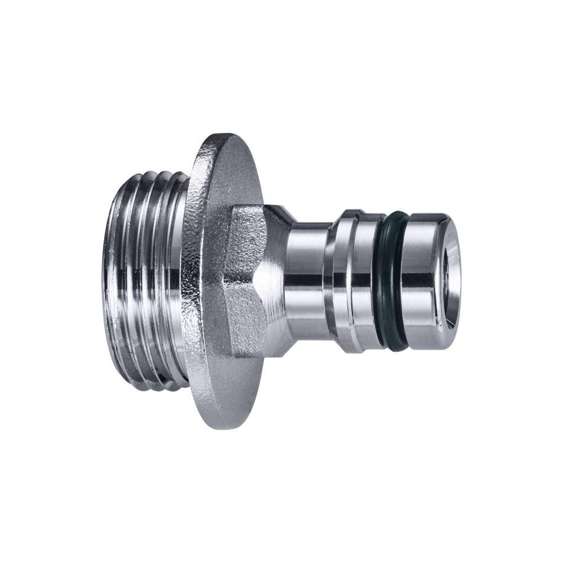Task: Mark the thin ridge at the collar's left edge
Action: point(336,281)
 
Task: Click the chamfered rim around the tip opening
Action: point(454,248)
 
